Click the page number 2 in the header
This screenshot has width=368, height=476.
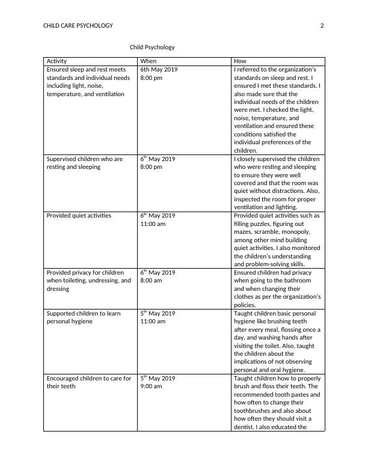[x=322, y=26]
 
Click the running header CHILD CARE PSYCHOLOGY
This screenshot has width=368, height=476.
[x=78, y=26]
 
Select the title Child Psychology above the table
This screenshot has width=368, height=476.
[x=152, y=47]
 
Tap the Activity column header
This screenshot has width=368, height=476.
[x=57, y=61]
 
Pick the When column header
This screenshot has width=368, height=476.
[x=148, y=61]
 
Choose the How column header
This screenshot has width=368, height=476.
[x=240, y=61]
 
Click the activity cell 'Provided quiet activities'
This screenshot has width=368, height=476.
[x=79, y=215]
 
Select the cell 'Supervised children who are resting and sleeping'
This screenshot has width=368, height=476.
[x=84, y=163]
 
